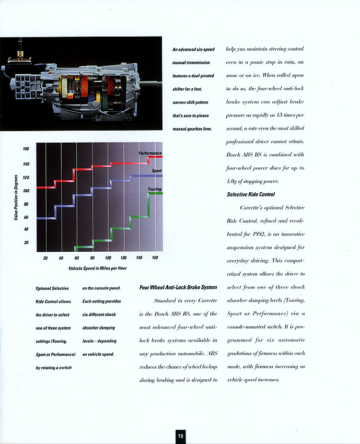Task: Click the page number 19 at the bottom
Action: [180, 436]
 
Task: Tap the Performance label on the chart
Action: [150, 153]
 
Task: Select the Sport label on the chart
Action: [157, 171]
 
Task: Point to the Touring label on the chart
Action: [155, 189]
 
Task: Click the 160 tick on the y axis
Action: [26, 149]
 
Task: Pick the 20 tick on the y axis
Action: [26, 242]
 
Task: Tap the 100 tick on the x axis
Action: [108, 258]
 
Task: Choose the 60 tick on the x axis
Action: [76, 258]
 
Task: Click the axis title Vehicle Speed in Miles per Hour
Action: [97, 268]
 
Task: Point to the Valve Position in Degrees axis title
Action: [16, 197]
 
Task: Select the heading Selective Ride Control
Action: [251, 194]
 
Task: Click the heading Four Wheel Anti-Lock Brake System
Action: [178, 287]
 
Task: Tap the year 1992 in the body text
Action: [259, 234]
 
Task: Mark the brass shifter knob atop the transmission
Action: [20, 53]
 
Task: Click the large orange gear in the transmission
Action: [85, 86]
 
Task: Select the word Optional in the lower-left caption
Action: [43, 288]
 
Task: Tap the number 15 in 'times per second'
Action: [271, 115]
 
